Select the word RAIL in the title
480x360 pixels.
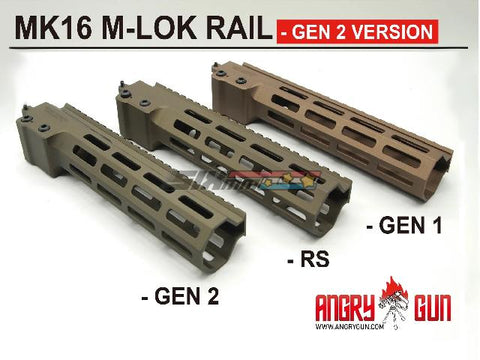(x=235, y=30)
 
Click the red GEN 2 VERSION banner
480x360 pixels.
(x=355, y=30)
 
